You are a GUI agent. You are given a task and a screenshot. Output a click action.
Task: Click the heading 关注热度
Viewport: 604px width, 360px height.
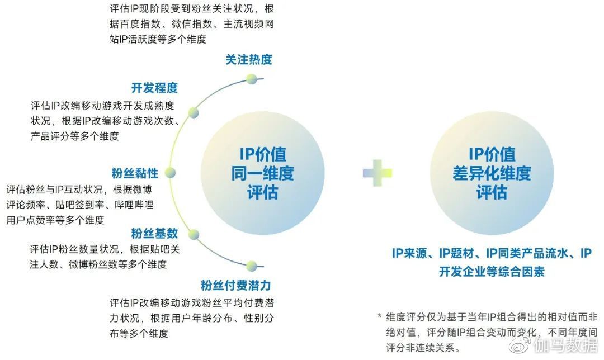pos(248,60)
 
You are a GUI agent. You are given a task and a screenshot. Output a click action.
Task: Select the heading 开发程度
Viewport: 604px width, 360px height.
pos(154,88)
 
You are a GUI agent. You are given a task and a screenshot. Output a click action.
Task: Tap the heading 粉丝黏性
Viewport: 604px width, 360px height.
pos(135,173)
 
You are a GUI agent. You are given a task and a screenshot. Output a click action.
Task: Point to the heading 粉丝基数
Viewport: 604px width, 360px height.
pos(154,233)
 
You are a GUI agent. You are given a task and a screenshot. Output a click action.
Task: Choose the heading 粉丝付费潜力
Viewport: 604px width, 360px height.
pos(236,285)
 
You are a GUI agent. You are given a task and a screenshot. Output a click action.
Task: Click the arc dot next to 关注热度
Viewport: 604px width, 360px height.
pos(252,79)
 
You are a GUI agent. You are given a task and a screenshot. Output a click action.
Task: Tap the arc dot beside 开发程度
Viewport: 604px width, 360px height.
pos(194,113)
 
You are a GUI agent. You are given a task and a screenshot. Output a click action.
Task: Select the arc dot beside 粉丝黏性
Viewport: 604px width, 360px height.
pos(170,173)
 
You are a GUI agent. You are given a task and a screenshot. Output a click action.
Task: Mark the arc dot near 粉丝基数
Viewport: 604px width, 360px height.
pos(194,234)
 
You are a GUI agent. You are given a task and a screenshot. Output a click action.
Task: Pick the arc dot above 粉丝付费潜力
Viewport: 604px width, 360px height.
pos(252,266)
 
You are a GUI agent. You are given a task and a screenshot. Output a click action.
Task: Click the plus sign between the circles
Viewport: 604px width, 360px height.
pos(377,173)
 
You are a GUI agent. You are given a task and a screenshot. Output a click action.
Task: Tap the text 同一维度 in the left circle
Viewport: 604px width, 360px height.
pos(263,174)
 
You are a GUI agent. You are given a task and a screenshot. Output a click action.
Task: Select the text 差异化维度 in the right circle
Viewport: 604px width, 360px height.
pos(492,174)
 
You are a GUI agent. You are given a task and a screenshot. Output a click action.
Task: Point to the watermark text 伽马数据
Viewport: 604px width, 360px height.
pos(565,345)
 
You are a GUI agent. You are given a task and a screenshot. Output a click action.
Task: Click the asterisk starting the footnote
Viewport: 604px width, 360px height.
pos(379,316)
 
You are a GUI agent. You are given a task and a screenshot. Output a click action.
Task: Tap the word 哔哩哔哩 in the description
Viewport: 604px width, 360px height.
pos(134,205)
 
